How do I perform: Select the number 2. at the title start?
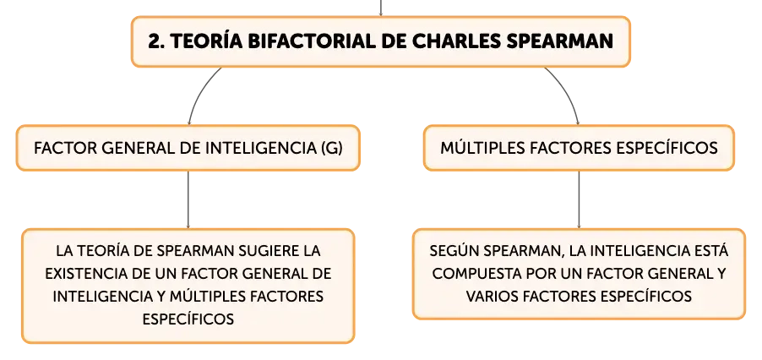(x=156, y=41)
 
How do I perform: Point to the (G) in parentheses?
(x=332, y=149)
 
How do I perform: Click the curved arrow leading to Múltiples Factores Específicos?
(x=567, y=92)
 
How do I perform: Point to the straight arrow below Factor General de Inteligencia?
(x=188, y=199)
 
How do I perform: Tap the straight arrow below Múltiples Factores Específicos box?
(x=579, y=199)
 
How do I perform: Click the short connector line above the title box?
(x=380, y=8)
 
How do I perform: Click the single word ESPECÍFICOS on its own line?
(x=188, y=319)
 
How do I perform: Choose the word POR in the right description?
(x=540, y=274)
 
